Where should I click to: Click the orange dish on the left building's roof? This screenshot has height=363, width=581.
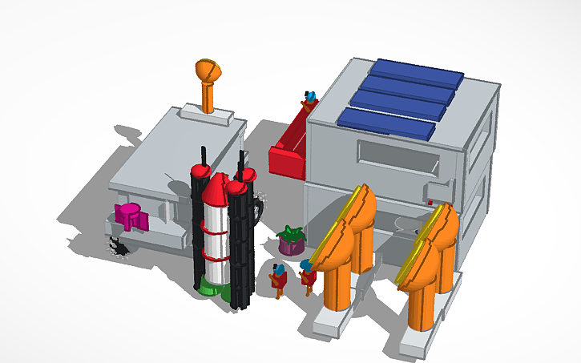(x=208, y=71)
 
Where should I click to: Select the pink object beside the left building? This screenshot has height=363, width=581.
(x=129, y=215)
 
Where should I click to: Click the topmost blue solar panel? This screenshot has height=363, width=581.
(x=415, y=71)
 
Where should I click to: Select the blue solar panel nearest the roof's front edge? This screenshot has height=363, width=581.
(x=386, y=123)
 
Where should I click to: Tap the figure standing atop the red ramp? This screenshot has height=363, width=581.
(x=308, y=100)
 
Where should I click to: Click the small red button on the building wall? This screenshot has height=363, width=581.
(x=430, y=202)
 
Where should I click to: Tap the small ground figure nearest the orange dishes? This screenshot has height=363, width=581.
(x=307, y=274)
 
